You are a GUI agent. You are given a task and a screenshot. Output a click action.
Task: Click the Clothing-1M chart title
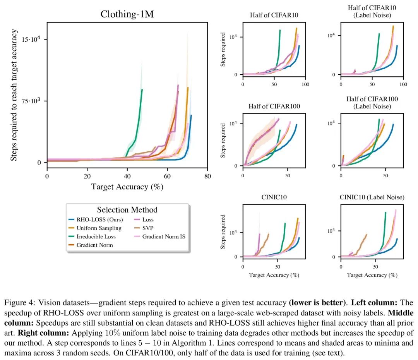coord(127,14)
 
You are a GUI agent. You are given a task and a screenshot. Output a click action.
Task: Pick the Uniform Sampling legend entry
coord(99,228)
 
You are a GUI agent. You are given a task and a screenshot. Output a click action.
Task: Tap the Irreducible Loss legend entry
coord(96,236)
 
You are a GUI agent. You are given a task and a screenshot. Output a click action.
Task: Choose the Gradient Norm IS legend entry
coord(164,236)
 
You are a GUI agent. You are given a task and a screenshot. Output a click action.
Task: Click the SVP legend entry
coord(148,228)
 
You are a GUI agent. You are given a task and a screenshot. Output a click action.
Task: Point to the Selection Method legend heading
coord(127,210)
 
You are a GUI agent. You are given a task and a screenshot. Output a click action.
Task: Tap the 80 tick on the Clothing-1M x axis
coord(207,177)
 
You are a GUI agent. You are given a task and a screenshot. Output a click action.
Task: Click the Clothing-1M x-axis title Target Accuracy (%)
coord(127,187)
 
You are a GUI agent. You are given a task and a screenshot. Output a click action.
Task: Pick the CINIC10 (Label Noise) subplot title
coord(372,197)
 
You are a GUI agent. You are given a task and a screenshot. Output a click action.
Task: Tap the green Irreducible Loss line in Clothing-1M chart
coord(139,116)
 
